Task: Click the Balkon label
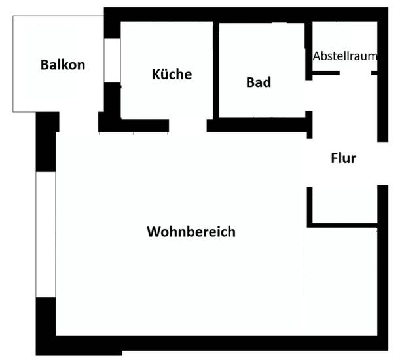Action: [x=62, y=65]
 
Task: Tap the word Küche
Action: [x=172, y=74]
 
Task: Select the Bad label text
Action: [x=259, y=82]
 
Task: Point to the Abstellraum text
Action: [x=344, y=56]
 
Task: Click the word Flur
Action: [x=343, y=158]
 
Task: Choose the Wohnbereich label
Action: [x=191, y=232]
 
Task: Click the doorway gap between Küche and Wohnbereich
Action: [x=188, y=125]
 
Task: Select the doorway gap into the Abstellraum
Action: [x=356, y=73]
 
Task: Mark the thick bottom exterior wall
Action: [x=216, y=344]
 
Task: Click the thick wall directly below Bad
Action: [x=259, y=124]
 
